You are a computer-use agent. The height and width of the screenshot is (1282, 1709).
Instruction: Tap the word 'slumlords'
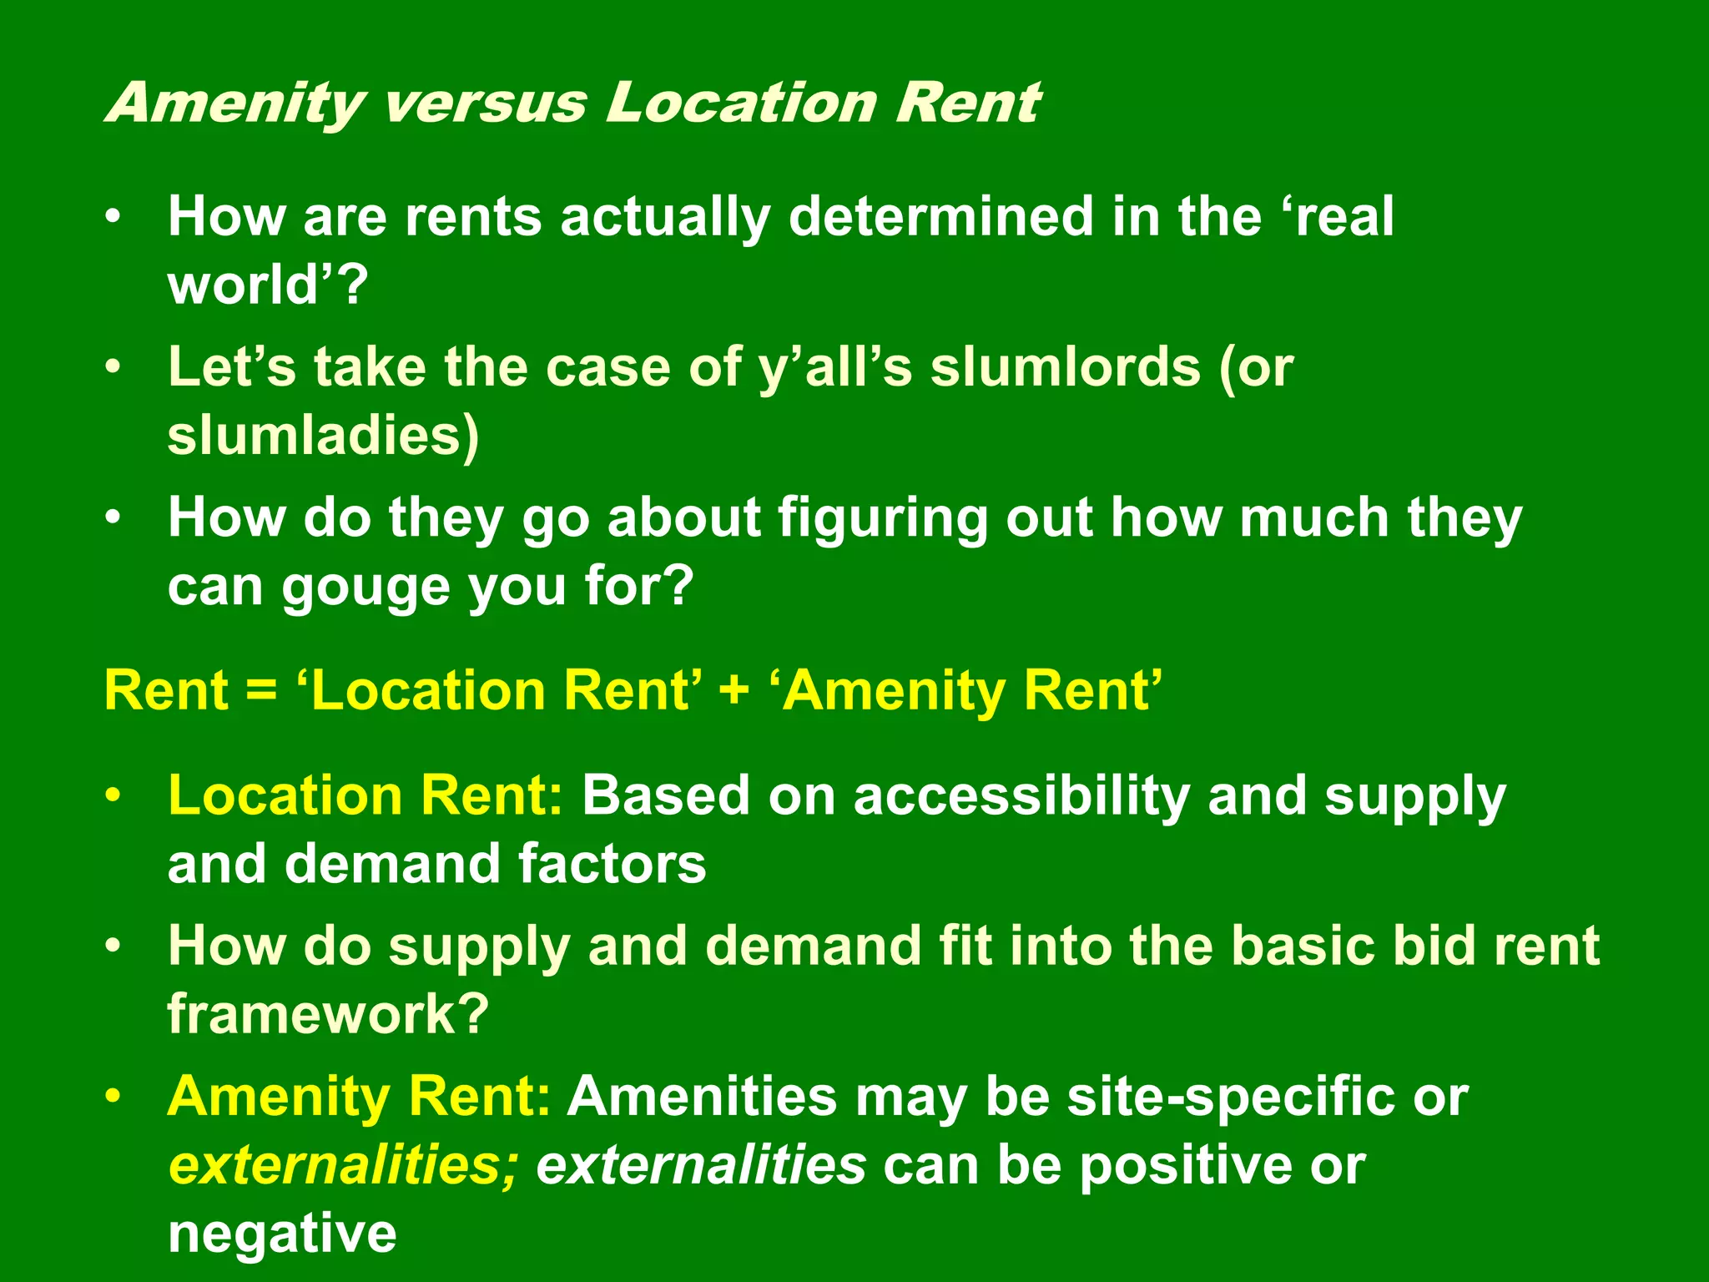pos(1065,367)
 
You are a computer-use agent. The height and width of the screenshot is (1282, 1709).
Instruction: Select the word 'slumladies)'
pos(324,436)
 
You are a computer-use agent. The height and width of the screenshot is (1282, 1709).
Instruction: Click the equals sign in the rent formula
pos(261,692)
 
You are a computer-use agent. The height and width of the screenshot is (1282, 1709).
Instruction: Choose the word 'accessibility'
pos(1021,796)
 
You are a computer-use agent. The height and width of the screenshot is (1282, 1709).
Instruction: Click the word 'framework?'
pos(328,1014)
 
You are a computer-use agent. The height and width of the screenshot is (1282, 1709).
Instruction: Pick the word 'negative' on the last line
pos(282,1233)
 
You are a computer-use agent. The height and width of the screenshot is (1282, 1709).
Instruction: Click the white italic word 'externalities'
pos(701,1165)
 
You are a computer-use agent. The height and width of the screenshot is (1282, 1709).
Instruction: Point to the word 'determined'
pos(940,217)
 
